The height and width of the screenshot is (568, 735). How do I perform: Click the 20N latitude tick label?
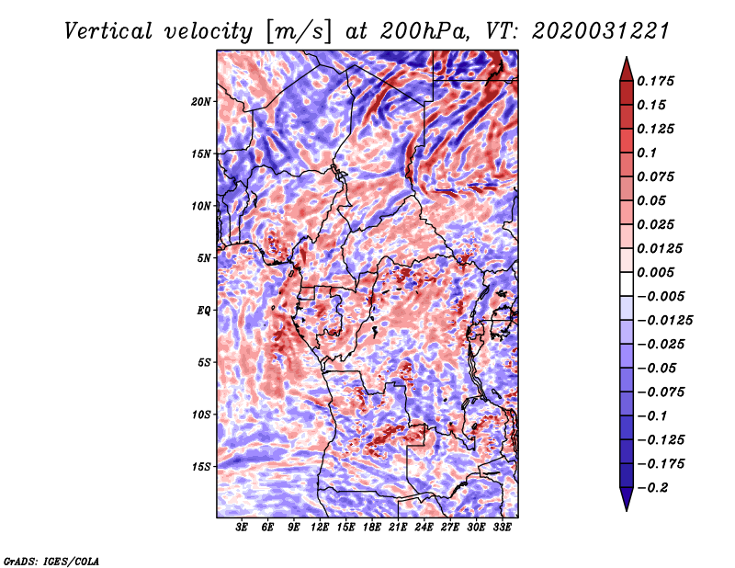[201, 101]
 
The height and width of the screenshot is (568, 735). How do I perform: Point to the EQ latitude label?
[203, 310]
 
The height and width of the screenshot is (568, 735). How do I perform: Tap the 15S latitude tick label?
[201, 466]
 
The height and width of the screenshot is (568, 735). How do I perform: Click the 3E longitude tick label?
[243, 528]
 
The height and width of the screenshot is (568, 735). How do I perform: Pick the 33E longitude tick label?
[502, 528]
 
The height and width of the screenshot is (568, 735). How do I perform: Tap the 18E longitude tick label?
[372, 528]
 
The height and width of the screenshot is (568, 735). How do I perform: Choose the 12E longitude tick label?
[320, 528]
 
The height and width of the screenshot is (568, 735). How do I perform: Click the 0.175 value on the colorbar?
[658, 81]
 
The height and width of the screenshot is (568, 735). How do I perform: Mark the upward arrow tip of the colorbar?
[625, 59]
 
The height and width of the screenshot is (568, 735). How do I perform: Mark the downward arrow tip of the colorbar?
[625, 508]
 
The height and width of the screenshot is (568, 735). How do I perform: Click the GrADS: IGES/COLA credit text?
[51, 560]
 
